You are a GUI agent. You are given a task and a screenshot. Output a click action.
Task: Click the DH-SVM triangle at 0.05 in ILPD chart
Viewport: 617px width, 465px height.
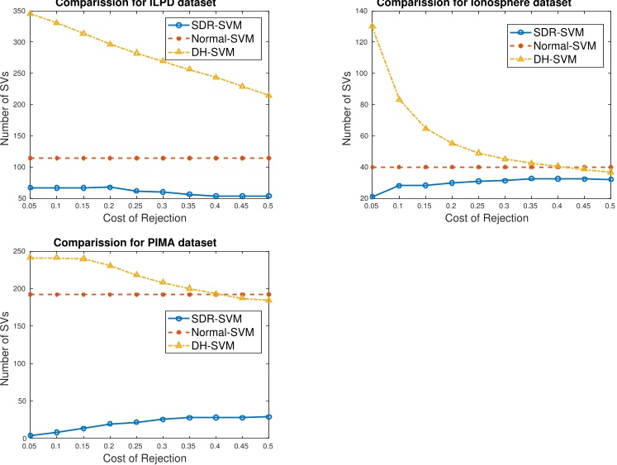click(31, 13)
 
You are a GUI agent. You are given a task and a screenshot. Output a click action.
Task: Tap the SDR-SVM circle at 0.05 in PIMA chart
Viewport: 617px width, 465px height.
click(31, 435)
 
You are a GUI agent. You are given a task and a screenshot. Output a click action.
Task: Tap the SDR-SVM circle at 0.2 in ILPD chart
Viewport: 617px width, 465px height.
click(110, 187)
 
